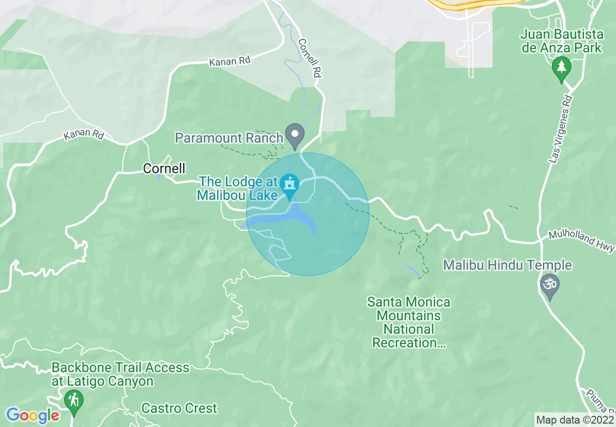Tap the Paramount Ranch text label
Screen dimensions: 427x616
(229, 138)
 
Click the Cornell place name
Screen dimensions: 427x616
(164, 168)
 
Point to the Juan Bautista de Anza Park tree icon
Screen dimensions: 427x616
(562, 68)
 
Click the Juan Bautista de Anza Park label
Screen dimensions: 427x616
(562, 41)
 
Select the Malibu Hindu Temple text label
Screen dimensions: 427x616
(507, 265)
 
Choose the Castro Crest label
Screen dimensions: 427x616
(179, 408)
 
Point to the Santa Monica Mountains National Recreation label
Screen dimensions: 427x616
(409, 323)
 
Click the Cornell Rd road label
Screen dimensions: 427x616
(311, 59)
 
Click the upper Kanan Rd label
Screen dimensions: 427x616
(230, 61)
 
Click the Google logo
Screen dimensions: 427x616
(32, 415)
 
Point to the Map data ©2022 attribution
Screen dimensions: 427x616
(575, 420)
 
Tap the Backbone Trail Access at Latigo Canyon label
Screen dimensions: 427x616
(120, 375)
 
